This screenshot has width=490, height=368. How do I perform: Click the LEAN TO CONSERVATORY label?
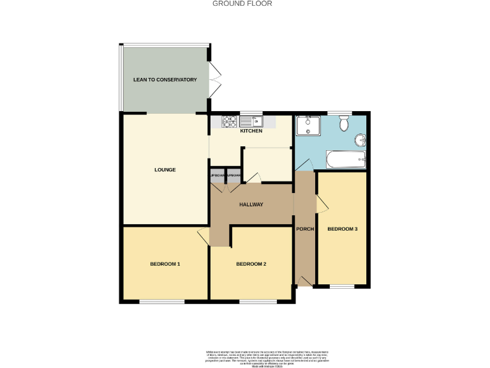(x=165, y=80)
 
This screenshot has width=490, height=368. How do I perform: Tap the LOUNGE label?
(x=165, y=170)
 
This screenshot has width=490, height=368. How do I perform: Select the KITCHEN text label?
(x=251, y=131)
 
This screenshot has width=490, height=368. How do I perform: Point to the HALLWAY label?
(x=251, y=204)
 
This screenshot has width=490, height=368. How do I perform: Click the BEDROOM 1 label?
(x=165, y=264)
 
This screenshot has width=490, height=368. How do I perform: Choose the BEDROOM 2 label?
(x=251, y=264)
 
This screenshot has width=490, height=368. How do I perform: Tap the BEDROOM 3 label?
(x=342, y=229)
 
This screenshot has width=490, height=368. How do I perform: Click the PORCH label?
(x=305, y=229)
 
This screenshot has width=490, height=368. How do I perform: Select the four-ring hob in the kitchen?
(x=230, y=121)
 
